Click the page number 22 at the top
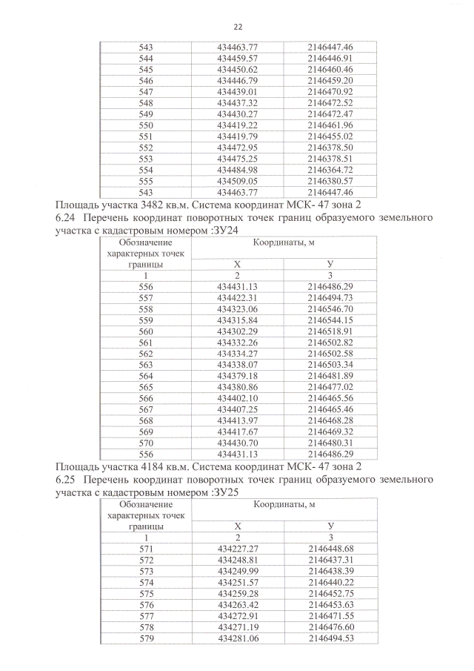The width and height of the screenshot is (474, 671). pyautogui.click(x=238, y=26)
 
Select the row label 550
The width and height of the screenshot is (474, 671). pyautogui.click(x=146, y=125)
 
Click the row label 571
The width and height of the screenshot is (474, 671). pyautogui.click(x=146, y=549)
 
